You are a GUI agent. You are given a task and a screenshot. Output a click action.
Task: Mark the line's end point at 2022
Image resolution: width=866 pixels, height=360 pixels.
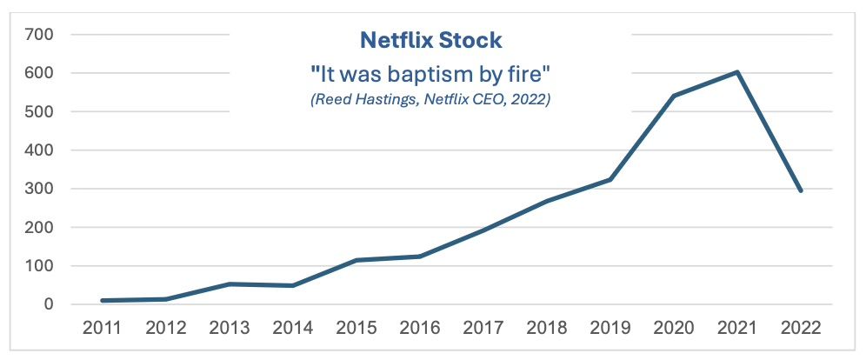(800, 190)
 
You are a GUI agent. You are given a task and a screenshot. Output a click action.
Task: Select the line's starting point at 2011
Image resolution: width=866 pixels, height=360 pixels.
(103, 301)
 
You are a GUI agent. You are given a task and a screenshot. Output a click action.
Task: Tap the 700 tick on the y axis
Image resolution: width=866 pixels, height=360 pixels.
(40, 35)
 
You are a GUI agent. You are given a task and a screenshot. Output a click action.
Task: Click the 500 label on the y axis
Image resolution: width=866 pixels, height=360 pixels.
(40, 112)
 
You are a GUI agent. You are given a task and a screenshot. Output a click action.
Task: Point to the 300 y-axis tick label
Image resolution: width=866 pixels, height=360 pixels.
(40, 189)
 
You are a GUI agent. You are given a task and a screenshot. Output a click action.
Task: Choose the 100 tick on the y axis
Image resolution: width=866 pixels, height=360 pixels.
(40, 266)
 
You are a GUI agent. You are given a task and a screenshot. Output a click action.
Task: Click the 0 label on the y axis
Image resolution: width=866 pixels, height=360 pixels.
(50, 304)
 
